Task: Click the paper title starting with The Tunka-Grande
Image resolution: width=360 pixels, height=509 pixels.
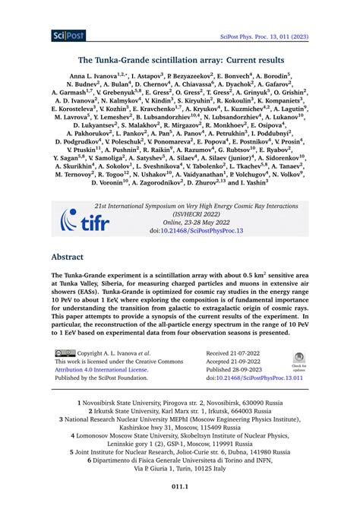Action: [181, 59]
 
